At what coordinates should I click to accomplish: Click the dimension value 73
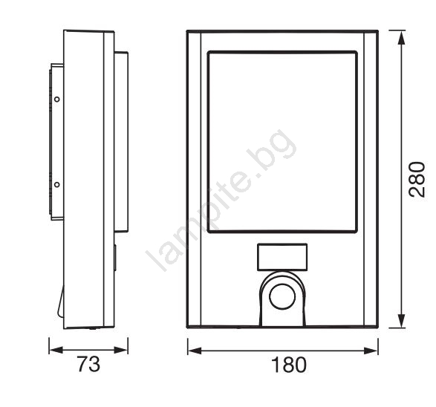pyautogui.click(x=88, y=365)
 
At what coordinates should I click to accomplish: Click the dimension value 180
pyautogui.click(x=288, y=365)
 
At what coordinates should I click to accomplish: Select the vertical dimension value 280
pyautogui.click(x=417, y=179)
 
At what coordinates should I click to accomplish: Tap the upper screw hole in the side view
pyautogui.click(x=57, y=99)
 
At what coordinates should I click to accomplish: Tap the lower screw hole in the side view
pyautogui.click(x=57, y=184)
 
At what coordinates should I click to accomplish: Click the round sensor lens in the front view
pyautogui.click(x=282, y=297)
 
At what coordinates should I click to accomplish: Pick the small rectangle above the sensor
pyautogui.click(x=282, y=257)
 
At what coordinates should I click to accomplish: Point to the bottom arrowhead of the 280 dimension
pyautogui.click(x=401, y=321)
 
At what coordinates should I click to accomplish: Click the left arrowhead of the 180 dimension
pyautogui.click(x=195, y=351)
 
